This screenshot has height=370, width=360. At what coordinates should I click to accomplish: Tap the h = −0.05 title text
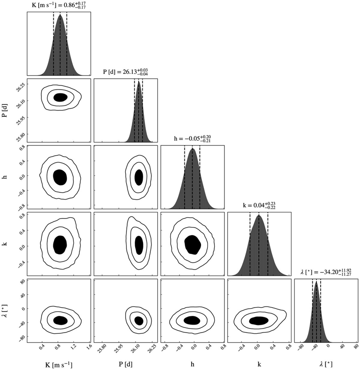192,139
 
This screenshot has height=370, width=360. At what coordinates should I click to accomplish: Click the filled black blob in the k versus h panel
193,244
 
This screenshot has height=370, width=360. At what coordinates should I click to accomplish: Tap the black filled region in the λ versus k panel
259,321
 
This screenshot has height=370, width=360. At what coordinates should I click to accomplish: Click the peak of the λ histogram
316,282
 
